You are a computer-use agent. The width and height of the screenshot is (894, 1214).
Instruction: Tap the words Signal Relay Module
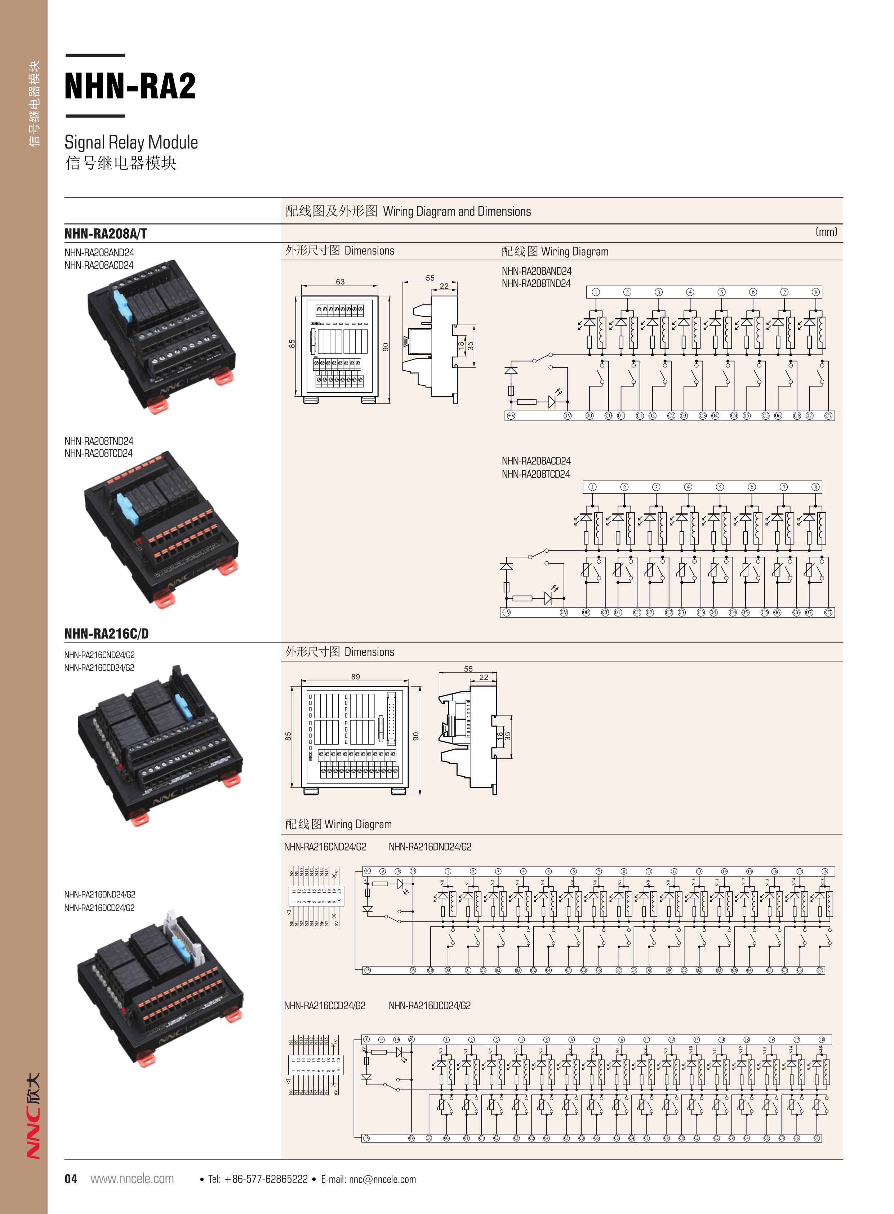[131, 142]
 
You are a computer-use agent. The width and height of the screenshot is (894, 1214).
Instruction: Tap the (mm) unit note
[826, 232]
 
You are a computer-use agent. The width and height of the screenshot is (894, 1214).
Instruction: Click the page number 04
[71, 1179]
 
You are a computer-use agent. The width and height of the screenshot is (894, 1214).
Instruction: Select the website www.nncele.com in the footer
[132, 1179]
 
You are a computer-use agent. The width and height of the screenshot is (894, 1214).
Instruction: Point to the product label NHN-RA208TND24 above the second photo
[98, 441]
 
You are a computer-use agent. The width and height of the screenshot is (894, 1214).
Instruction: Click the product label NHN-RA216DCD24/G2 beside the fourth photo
[99, 908]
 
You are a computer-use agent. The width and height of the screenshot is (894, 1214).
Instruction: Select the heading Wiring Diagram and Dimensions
[408, 211]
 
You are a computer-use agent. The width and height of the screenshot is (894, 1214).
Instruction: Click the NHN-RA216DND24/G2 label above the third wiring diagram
[430, 847]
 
